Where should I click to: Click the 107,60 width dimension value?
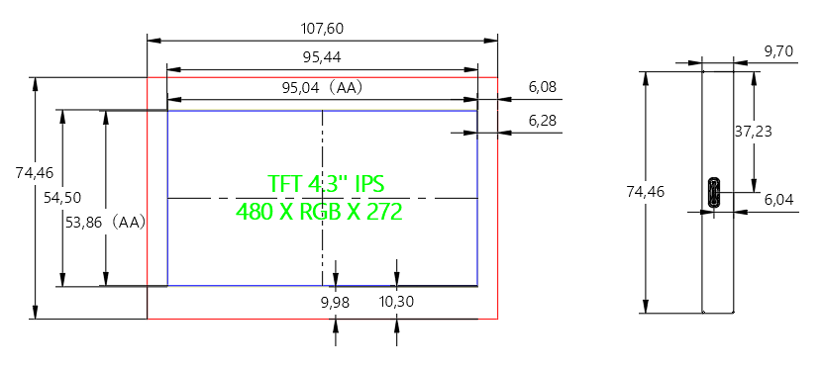coord(322,29)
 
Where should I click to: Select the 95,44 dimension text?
coord(322,57)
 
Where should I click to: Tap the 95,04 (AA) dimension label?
coord(323,88)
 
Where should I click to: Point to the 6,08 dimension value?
coord(543,87)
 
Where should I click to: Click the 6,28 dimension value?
coord(543,121)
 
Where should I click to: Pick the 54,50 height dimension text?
coord(62,198)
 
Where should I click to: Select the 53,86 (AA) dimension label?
coord(105,223)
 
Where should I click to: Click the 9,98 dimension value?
coord(335,302)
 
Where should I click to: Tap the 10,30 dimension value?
coord(396,302)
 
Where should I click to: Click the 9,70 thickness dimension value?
coord(778,51)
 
